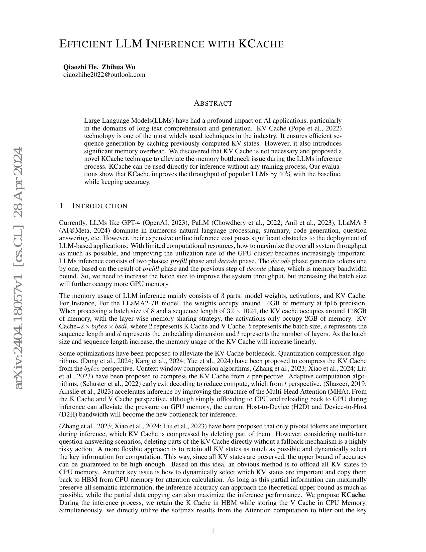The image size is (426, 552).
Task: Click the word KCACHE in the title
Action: (261, 44)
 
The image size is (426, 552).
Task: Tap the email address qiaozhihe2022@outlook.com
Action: (104, 75)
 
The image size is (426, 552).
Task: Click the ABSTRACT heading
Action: (213, 103)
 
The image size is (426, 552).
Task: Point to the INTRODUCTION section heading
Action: (100, 206)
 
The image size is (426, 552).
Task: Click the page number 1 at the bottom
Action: (213, 531)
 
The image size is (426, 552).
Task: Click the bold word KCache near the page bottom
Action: (353, 495)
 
